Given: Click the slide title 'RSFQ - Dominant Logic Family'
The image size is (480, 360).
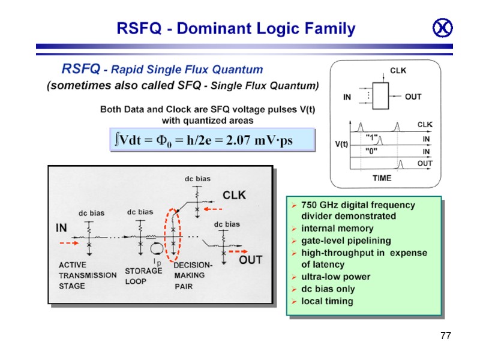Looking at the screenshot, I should coord(236,28).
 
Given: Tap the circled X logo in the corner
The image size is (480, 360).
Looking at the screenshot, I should coord(442,28).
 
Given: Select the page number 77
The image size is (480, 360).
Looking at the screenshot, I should coord(445,335).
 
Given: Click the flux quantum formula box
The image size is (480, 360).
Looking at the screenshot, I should coord(212,140).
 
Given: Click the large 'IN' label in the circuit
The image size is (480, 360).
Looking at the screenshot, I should coord(62,229).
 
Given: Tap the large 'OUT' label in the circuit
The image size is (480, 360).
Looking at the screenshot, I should coord(251,260).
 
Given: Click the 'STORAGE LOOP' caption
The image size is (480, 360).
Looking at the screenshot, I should coord(143,275).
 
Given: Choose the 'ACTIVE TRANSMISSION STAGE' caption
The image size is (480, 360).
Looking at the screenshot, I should coord(87,275).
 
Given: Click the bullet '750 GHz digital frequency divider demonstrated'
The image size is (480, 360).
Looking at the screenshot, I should coord(358,210).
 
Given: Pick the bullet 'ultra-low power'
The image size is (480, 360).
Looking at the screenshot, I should coord(335,277).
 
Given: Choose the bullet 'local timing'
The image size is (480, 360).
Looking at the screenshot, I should coord(327,301).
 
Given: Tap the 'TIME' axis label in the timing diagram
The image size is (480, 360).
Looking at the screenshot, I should coord(382,178).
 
